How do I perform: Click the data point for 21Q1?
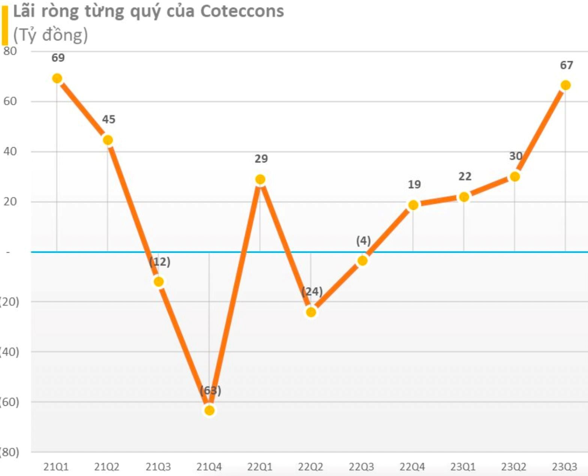[x=57, y=79]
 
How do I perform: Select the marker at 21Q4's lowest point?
[x=210, y=410]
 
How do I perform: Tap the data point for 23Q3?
[x=565, y=85]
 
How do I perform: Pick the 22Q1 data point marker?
[x=260, y=180]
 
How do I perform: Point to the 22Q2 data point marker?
[x=311, y=312]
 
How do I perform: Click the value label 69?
[x=58, y=58]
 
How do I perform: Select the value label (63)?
[x=210, y=391]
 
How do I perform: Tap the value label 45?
[x=109, y=119]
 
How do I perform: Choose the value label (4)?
[x=363, y=241]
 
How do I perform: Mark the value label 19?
[x=414, y=184]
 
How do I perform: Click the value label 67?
[x=566, y=65]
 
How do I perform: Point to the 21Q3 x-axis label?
[x=158, y=467]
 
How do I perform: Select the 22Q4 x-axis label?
[x=412, y=467]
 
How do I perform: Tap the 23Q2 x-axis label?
[x=514, y=467]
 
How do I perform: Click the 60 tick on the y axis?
[x=10, y=102]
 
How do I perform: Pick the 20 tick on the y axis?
[x=10, y=202]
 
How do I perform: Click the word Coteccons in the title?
[x=242, y=12]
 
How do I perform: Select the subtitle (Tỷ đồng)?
[x=50, y=35]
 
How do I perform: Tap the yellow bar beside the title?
[x=5, y=26]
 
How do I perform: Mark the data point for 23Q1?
[x=464, y=197]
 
